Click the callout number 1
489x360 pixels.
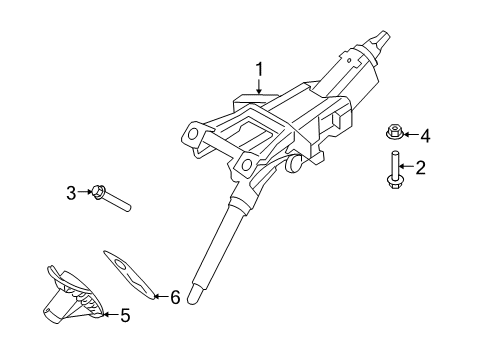[x=259, y=70]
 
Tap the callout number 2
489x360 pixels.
[x=421, y=168]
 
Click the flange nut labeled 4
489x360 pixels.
[x=395, y=131]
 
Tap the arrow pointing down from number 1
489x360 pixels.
[x=259, y=88]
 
